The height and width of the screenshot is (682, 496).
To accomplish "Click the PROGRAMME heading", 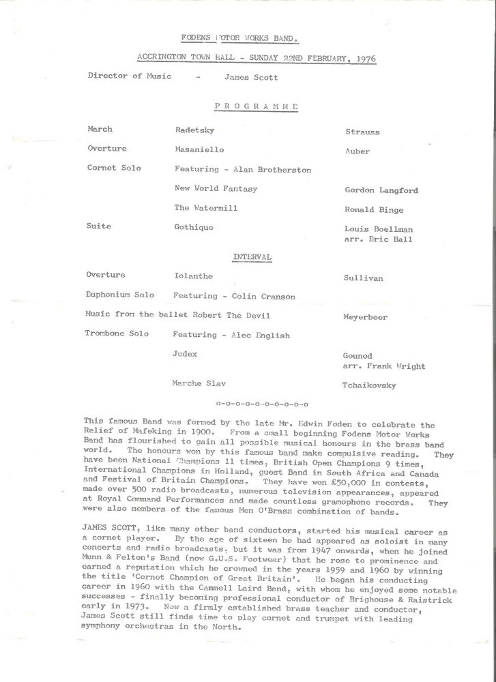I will pyautogui.click(x=256, y=106).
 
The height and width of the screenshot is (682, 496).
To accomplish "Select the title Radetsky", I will pyautogui.click(x=196, y=129).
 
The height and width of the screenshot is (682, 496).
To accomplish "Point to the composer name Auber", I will pyautogui.click(x=358, y=151).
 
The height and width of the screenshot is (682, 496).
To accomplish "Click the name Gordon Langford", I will pyautogui.click(x=381, y=191).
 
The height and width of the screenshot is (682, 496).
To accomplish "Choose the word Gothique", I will pyautogui.click(x=194, y=227).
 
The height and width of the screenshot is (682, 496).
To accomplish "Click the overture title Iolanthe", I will pyautogui.click(x=194, y=276).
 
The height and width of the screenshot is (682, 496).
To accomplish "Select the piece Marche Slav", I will pyautogui.click(x=201, y=384).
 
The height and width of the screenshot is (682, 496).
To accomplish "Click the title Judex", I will pyautogui.click(x=186, y=354).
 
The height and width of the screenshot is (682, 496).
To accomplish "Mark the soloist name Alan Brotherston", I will pyautogui.click(x=272, y=169).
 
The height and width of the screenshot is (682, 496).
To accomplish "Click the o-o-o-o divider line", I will pyautogui.click(x=261, y=404).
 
